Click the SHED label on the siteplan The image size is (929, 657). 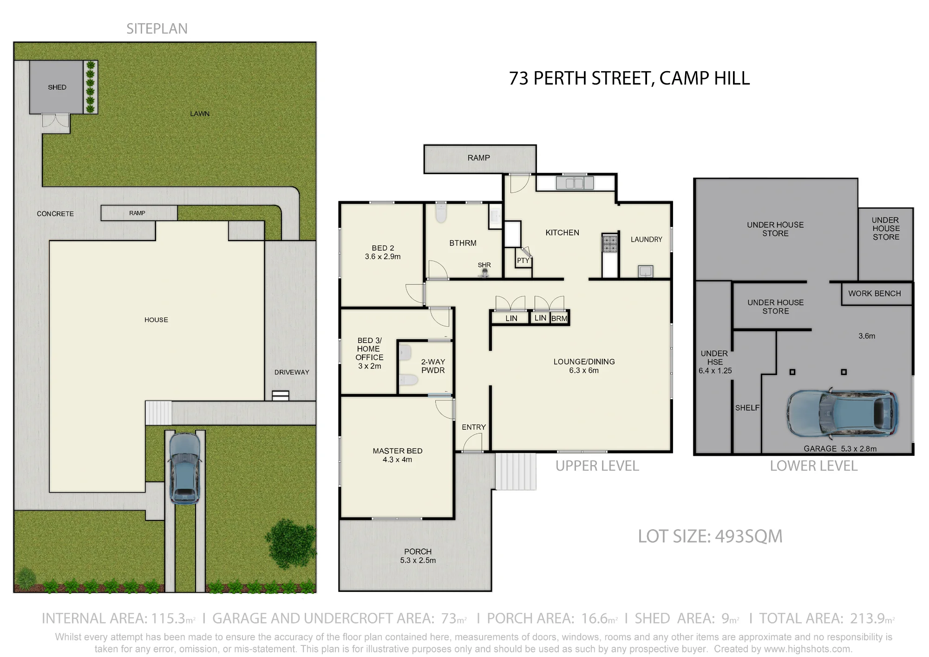pos(57,87)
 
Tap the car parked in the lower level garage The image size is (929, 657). pos(842,414)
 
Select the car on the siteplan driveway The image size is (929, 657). pos(185,468)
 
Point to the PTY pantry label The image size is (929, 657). pos(523,261)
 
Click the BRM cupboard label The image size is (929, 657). pos(559,319)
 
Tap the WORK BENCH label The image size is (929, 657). pos(875,294)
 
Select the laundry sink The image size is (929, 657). pos(646,271)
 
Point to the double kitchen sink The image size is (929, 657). pos(575,183)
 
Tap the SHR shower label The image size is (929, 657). pos(484,265)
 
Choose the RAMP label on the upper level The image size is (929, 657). pos(479,158)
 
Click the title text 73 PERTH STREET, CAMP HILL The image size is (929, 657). pos(629,79)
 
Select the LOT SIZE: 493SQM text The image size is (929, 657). pos(710,536)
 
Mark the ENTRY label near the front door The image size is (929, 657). pos(474,427)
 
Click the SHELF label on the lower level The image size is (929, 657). pos(747,408)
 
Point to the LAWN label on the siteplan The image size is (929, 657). pos(200,114)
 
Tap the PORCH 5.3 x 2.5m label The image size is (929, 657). pos(418,556)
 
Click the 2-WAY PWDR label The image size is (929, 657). pos(433,366)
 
